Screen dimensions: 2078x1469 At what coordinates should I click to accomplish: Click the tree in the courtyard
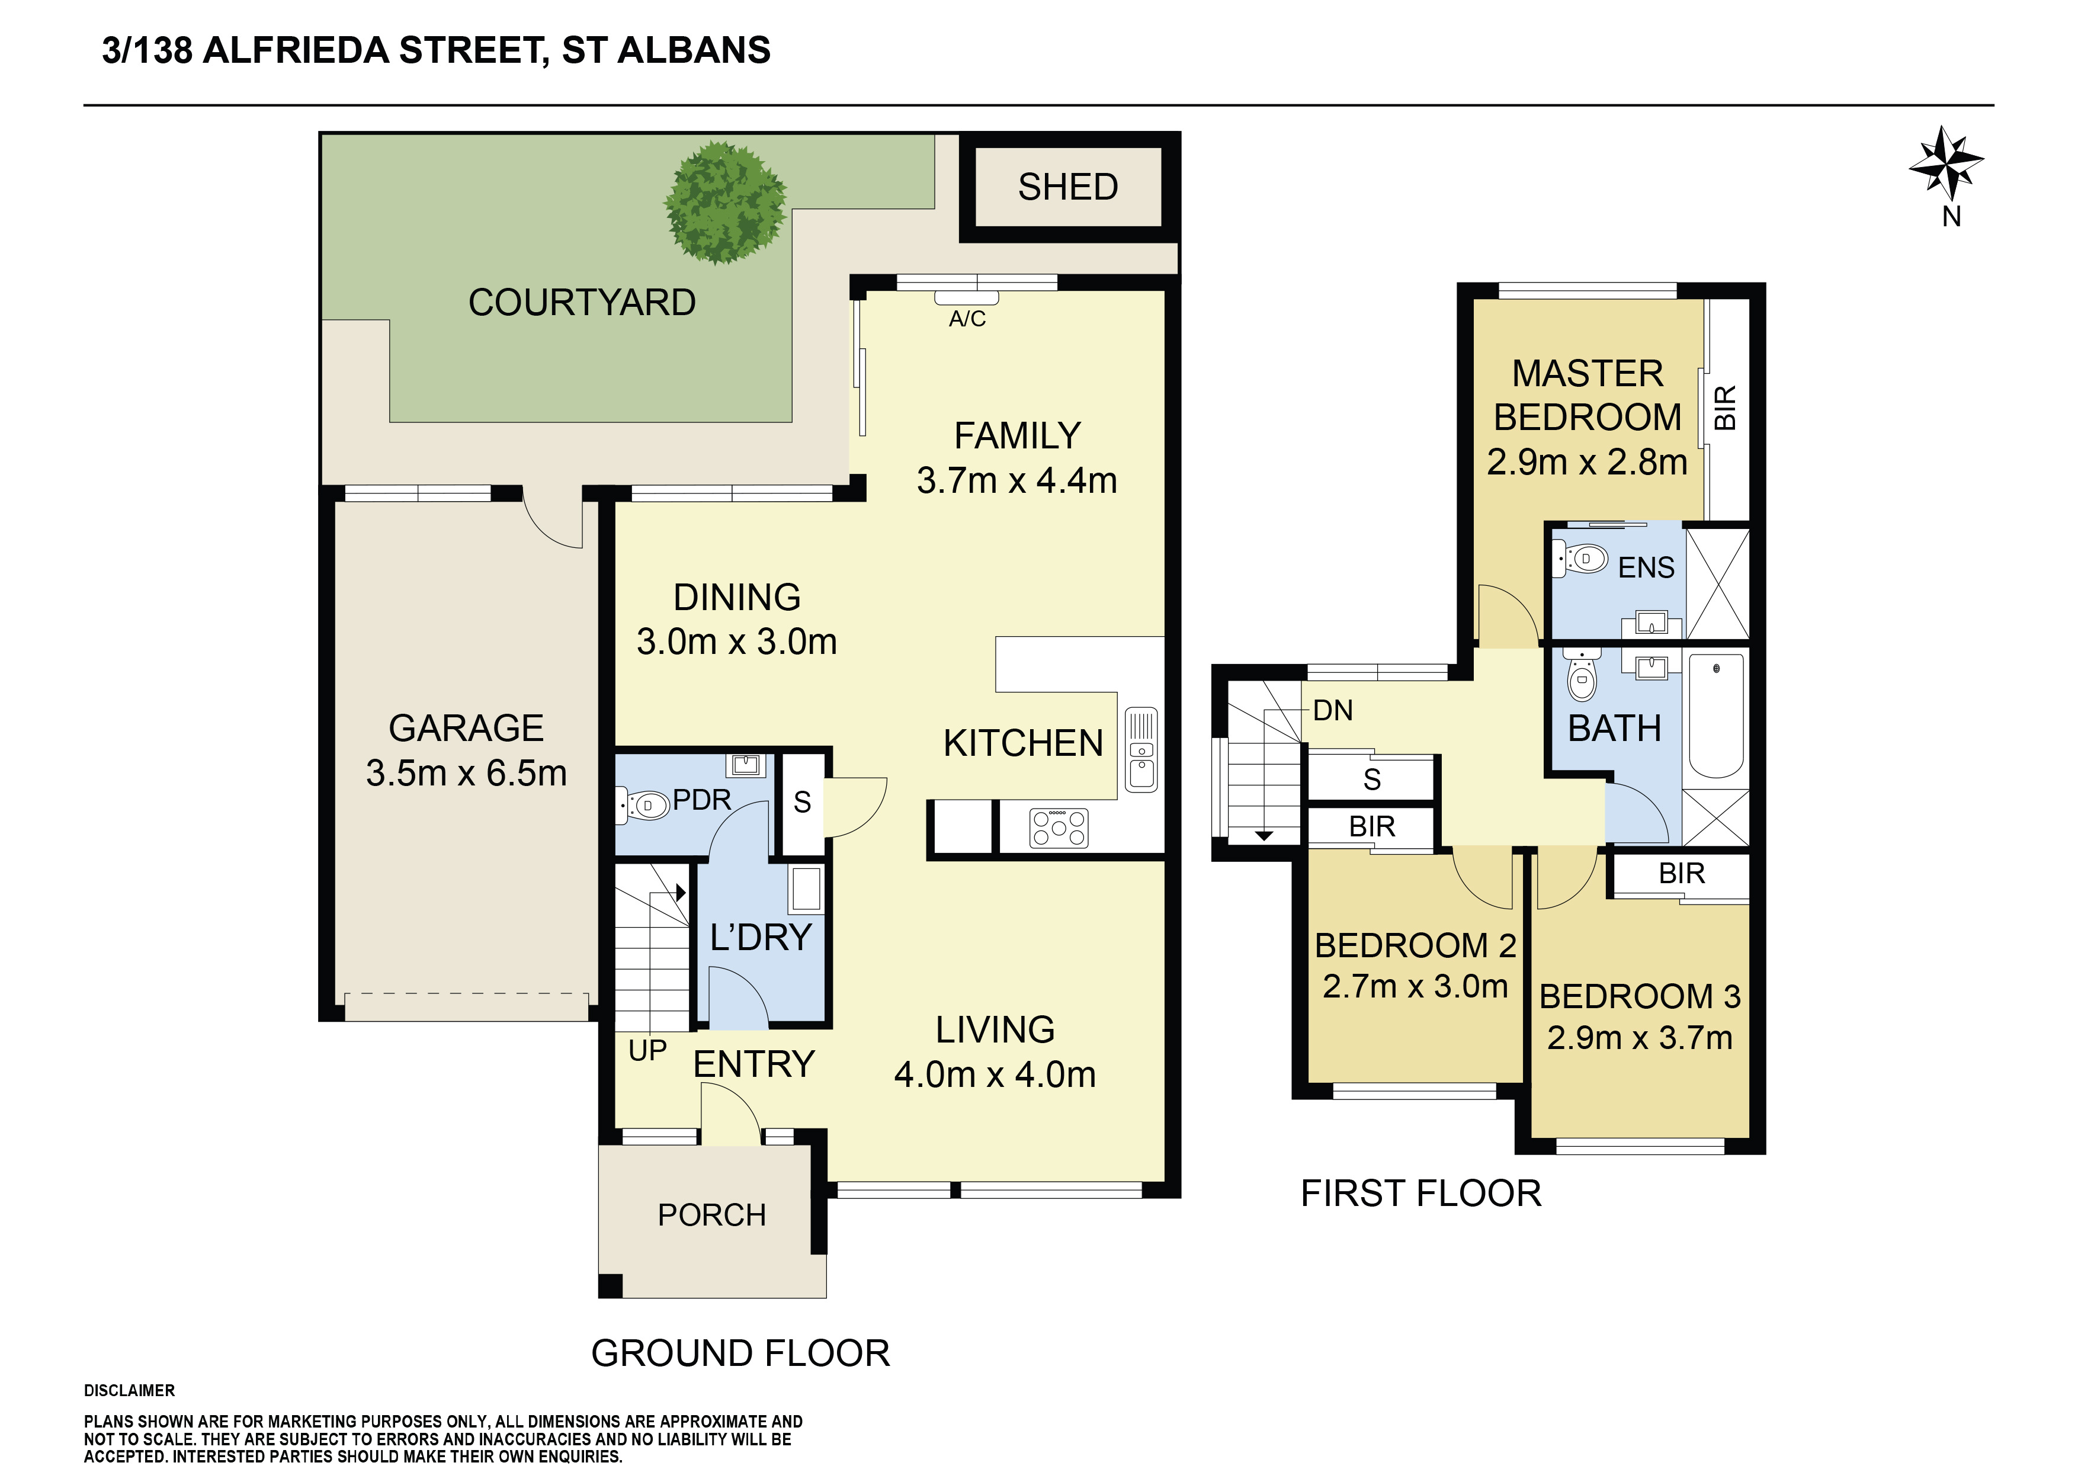[x=725, y=203]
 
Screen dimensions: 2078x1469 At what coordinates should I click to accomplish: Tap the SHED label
[x=1068, y=187]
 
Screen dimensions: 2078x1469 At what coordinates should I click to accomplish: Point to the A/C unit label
[x=967, y=319]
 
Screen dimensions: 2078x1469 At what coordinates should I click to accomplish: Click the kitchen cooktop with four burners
[x=1059, y=827]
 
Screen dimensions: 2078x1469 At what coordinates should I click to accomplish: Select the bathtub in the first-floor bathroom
[x=1716, y=716]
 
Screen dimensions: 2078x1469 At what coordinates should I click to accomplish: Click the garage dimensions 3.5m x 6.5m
[x=466, y=773]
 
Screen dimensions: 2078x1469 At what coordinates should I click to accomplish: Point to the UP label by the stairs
[x=647, y=1051]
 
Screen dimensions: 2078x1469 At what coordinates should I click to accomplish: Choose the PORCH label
[x=711, y=1215]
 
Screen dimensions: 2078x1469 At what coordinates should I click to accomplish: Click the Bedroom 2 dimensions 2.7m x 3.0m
[x=1415, y=986]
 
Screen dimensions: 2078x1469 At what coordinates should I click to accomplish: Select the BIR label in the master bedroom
[x=1725, y=408]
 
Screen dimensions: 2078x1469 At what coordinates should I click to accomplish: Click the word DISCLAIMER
[x=129, y=1390]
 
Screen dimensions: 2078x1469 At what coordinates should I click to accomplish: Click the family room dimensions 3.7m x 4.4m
[x=1016, y=480]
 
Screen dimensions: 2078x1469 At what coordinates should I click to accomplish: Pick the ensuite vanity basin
[x=1652, y=624]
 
